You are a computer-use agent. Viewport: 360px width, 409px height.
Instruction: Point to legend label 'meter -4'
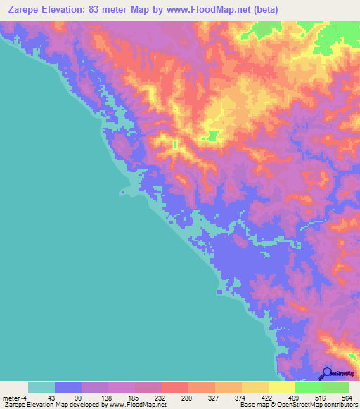[14, 397]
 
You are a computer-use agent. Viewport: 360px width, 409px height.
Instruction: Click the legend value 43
[52, 397]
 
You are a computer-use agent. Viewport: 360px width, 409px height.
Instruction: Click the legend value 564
[346, 397]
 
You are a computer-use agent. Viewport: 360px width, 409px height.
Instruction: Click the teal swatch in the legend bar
[41, 387]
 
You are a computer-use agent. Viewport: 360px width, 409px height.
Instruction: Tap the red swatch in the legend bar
[175, 387]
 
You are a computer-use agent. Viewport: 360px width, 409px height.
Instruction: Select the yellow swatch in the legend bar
[281, 387]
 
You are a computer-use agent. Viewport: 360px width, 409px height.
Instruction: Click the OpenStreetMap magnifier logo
[327, 374]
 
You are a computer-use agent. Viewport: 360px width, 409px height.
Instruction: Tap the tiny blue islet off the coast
[124, 191]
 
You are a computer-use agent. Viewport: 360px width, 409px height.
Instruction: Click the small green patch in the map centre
[210, 136]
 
